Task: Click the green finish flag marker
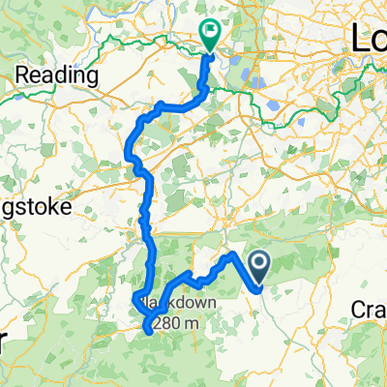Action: pos(210,34)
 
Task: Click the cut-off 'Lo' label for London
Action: pos(367,39)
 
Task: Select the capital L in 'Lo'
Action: pos(356,39)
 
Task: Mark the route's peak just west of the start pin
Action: pos(231,254)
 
